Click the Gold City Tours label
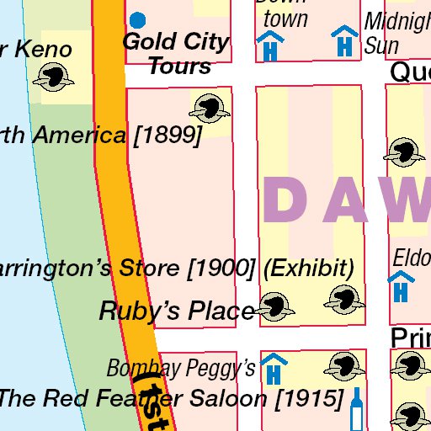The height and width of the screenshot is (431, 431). coord(175,53)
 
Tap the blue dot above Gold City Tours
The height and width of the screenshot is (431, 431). coord(136,19)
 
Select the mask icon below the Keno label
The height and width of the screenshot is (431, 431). coord(53,78)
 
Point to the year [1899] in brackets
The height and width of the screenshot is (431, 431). coord(168,136)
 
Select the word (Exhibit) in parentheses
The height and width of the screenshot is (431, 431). coord(308,269)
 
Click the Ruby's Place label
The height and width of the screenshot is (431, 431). coord(177,311)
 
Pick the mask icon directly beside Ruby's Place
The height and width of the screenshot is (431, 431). coord(274,307)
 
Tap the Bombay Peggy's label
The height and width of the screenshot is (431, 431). coord(180,368)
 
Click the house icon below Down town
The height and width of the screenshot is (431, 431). coord(270,45)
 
